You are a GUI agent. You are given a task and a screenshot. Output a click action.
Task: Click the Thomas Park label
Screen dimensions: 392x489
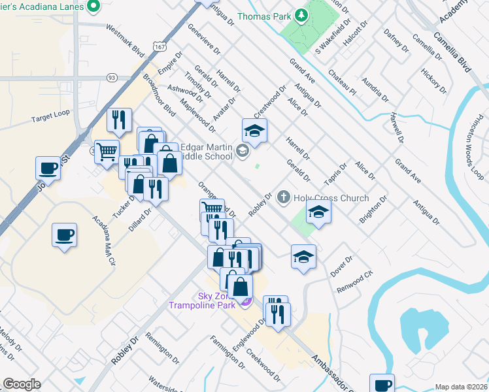coord(265,16)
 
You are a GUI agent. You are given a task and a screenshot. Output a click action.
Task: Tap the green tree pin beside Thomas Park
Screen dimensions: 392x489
coord(301,14)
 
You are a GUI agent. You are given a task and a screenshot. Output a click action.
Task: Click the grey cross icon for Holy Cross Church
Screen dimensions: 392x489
coord(284,196)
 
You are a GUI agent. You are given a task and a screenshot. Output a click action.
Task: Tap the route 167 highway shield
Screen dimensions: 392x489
coord(160,46)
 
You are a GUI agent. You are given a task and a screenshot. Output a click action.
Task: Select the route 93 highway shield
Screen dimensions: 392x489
coord(112,78)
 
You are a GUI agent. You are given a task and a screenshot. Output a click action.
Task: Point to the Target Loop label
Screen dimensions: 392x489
coord(50,120)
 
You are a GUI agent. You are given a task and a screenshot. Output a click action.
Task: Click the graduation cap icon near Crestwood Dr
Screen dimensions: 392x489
coord(255,129)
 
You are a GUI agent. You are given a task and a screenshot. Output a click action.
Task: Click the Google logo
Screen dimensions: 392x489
coord(22,384)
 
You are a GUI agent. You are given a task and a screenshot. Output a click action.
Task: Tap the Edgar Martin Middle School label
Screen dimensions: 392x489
coord(206,152)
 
